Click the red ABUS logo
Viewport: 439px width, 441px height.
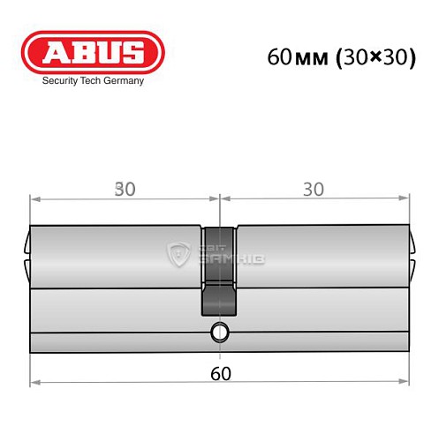tap(93, 52)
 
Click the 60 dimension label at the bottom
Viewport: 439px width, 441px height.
tap(221, 372)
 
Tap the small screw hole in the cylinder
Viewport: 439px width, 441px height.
tap(218, 333)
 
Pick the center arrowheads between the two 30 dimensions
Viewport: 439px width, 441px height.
tap(218, 198)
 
